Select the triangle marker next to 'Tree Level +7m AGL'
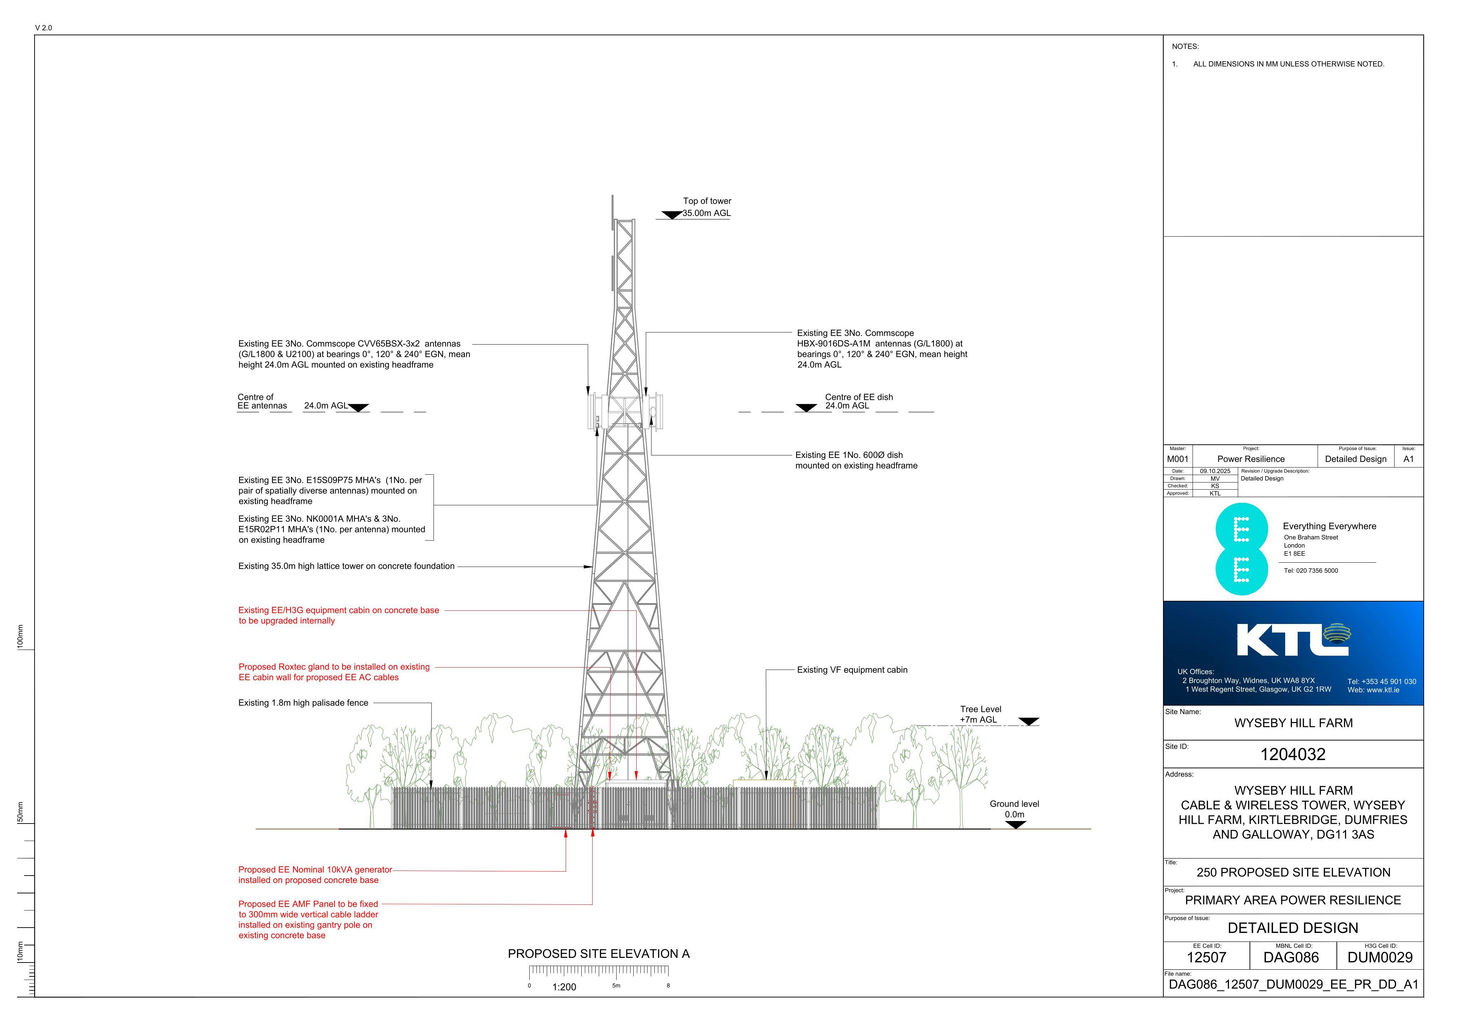pos(1028,721)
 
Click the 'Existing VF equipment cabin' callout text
pos(852,670)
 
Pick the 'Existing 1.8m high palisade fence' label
pos(303,703)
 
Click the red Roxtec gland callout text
pos(334,672)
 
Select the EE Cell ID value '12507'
pos(1206,958)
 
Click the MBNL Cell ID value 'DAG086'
pos(1291,958)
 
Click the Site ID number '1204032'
pos(1293,755)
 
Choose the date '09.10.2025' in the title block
pos(1215,471)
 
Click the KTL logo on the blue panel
pos(1293,640)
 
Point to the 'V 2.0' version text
pos(44,28)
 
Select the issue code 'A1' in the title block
pos(1409,459)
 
